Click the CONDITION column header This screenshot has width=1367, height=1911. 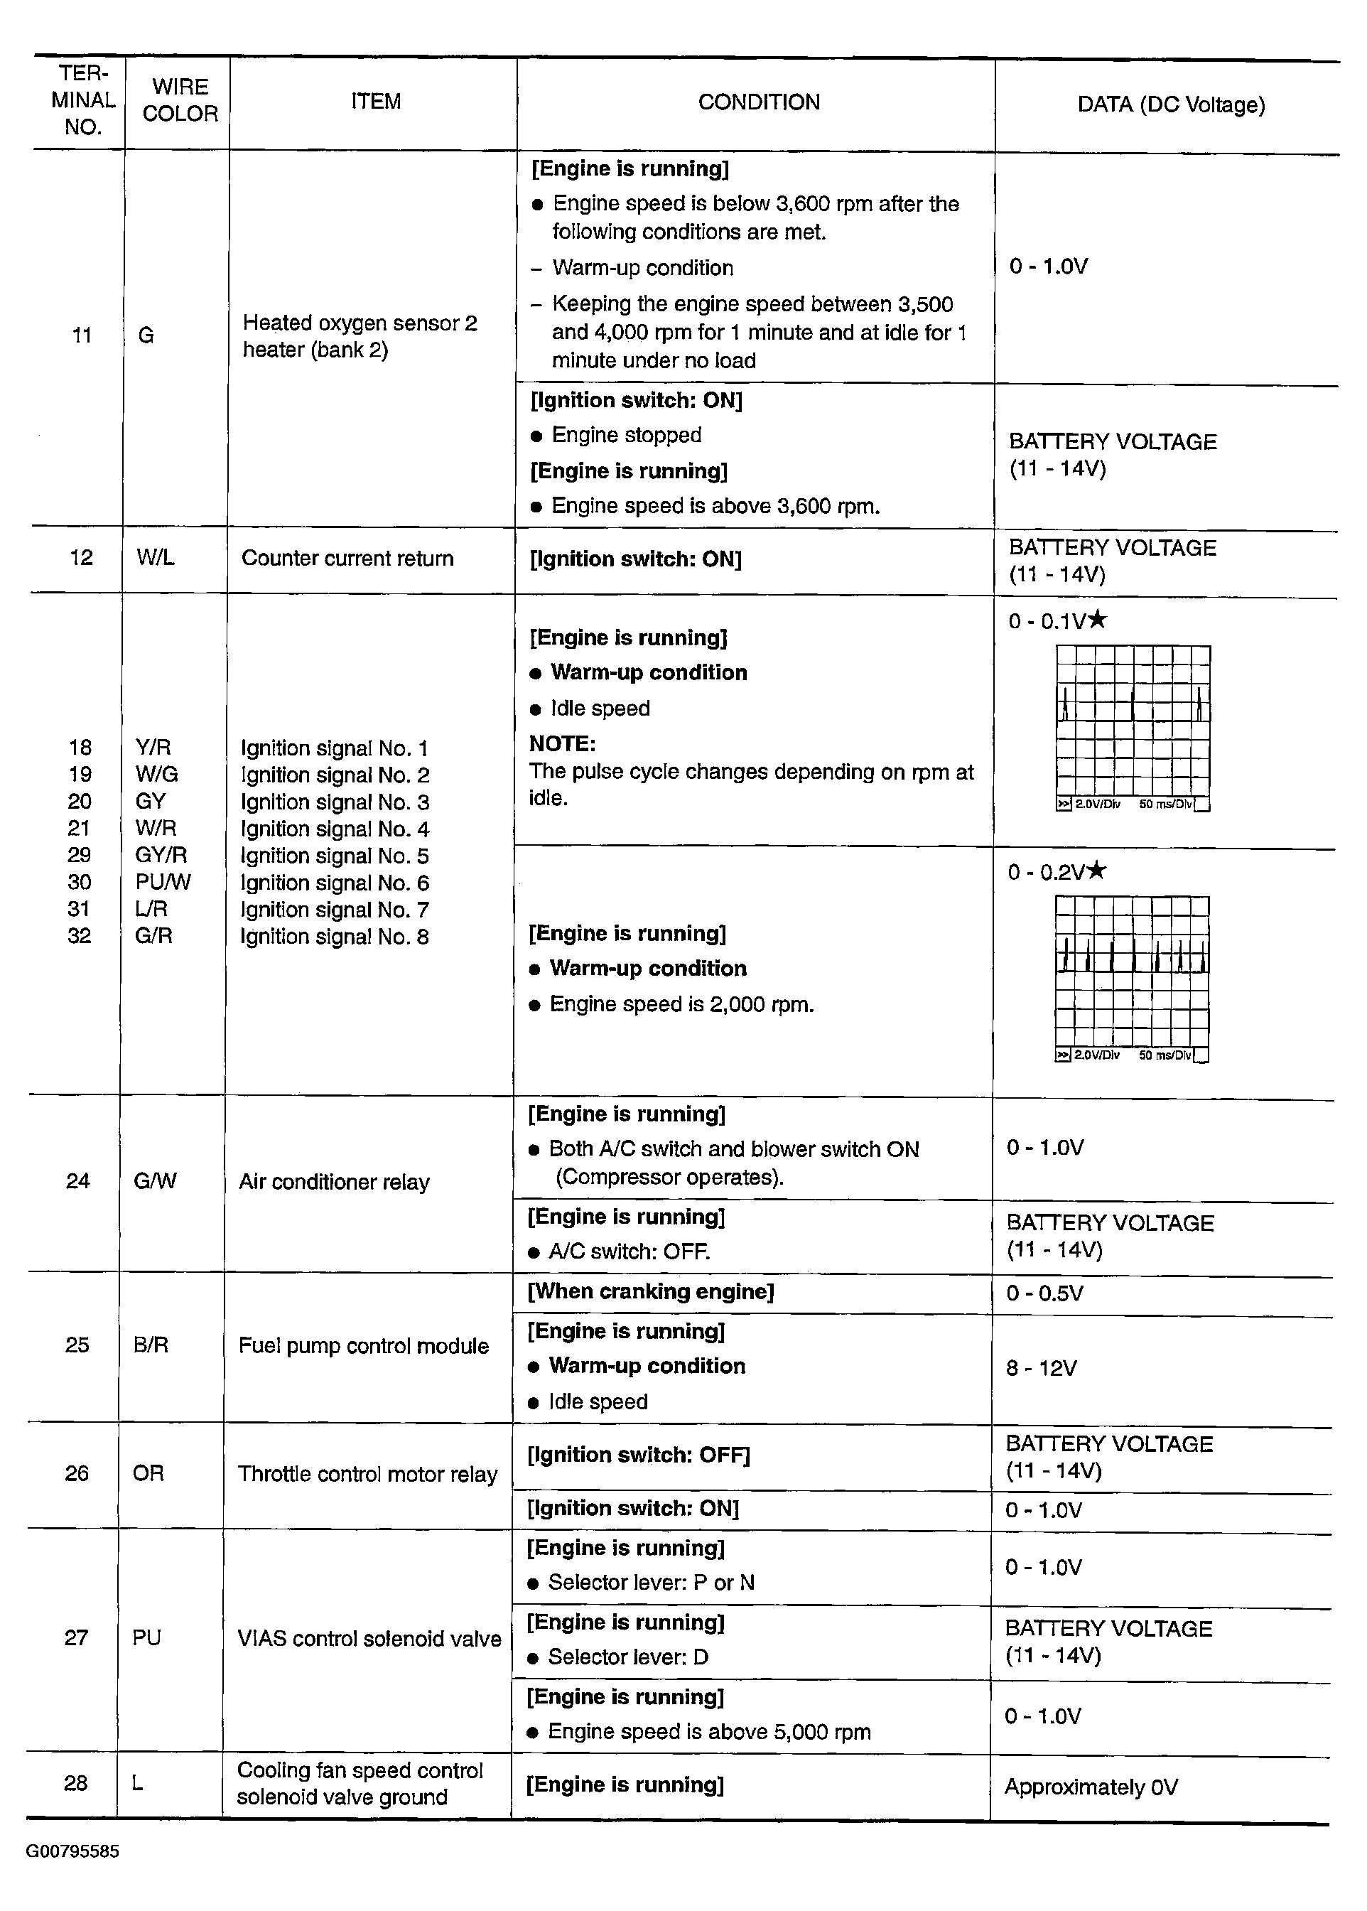click(758, 103)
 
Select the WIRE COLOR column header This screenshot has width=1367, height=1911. click(180, 100)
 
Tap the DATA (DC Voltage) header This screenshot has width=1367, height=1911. click(1171, 105)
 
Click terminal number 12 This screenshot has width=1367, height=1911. click(81, 557)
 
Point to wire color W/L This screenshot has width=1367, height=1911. click(156, 557)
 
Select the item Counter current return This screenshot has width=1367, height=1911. click(347, 558)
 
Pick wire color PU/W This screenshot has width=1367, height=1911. click(163, 882)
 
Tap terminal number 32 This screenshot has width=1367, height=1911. click(79, 936)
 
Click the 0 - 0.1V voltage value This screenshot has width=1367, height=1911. click(1047, 622)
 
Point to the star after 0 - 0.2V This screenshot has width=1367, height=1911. click(1096, 871)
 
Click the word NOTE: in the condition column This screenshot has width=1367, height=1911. click(562, 744)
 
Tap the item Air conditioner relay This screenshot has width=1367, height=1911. click(334, 1182)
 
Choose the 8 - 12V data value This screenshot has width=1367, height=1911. click(1042, 1368)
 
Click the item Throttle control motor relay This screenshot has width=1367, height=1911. click(367, 1474)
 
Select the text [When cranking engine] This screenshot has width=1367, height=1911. click(650, 1292)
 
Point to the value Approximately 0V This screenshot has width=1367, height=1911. click(1091, 1787)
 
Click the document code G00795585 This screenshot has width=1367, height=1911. click(72, 1851)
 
